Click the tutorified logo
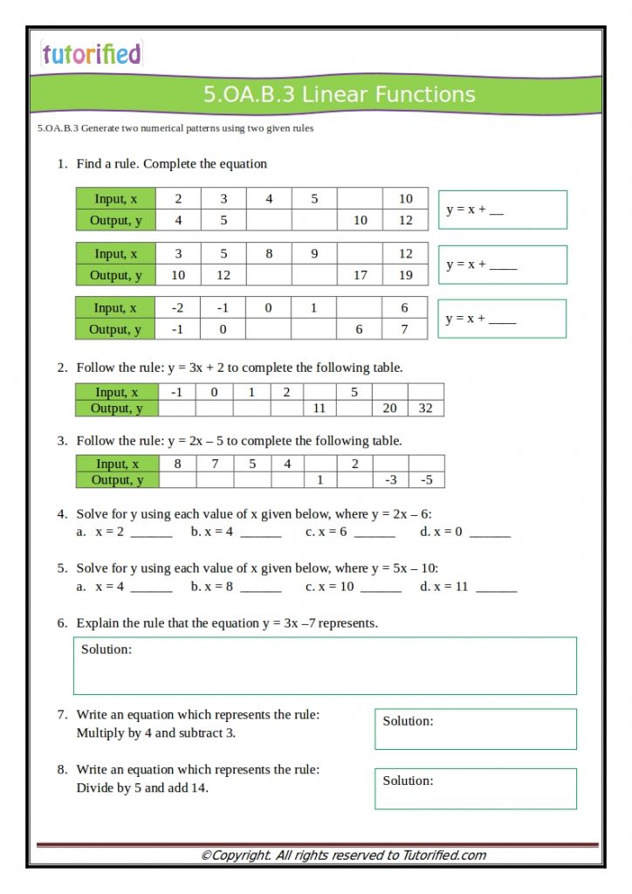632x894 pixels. point(91,54)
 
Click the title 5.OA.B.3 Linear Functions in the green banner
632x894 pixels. point(340,94)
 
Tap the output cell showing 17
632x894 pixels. point(360,275)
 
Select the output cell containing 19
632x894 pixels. point(405,275)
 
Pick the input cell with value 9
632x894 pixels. point(314,254)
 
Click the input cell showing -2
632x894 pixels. point(177,307)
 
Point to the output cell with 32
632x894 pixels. point(425,408)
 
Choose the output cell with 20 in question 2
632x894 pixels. point(389,408)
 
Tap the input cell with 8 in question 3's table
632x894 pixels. point(178,464)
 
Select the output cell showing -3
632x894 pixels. point(390,479)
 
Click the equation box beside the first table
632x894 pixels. point(502,210)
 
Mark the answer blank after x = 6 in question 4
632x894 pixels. point(374,532)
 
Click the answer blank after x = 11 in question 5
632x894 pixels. point(496,587)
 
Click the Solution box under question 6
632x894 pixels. point(325,666)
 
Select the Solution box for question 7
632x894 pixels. point(476,729)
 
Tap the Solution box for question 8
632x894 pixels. point(476,788)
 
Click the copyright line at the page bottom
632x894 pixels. point(343,856)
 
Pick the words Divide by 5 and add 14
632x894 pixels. point(142,787)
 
